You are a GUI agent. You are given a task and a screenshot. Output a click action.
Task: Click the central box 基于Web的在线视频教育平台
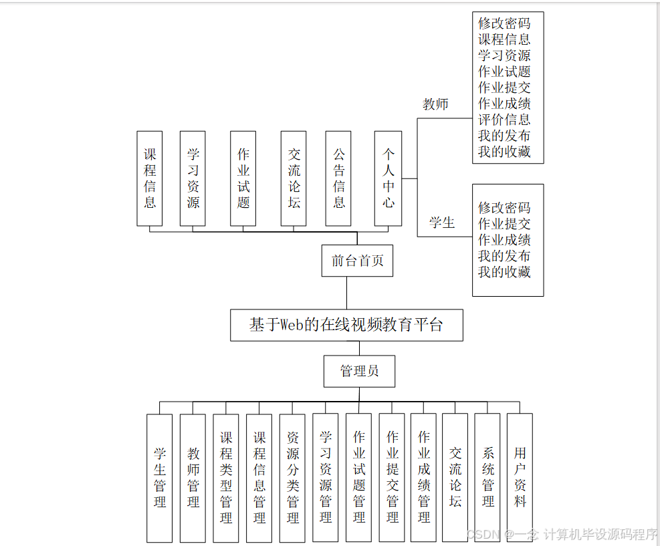[x=346, y=325]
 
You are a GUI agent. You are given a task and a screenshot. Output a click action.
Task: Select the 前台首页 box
[x=357, y=261]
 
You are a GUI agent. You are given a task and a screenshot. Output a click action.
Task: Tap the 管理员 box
[x=359, y=371]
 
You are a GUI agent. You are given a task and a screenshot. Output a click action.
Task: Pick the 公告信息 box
[x=339, y=178]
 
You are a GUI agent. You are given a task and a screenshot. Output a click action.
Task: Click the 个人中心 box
[x=389, y=178]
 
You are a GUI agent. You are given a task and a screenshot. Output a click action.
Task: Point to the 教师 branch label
[x=435, y=104]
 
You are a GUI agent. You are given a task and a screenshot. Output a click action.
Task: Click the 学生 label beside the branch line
[x=441, y=223]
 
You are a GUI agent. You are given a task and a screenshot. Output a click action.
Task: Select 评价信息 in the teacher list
[x=504, y=120]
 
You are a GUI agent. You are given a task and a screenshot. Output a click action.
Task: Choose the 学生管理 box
[x=160, y=477]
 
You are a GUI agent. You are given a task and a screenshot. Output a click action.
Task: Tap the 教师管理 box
[x=193, y=477]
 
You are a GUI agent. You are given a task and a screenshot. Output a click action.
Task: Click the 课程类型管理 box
[x=226, y=477]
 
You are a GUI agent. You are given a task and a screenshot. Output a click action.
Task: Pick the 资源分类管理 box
[x=293, y=477]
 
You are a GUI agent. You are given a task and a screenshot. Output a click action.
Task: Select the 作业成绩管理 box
[x=424, y=477]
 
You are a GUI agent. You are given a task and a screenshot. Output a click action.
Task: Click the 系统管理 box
[x=488, y=477]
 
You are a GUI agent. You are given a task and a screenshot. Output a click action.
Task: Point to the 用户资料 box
[x=520, y=477]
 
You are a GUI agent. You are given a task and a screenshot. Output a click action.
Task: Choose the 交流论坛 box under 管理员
[x=455, y=477]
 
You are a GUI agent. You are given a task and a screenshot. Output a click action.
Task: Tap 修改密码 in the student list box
[x=504, y=208]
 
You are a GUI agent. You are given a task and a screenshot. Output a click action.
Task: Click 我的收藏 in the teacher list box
[x=504, y=152]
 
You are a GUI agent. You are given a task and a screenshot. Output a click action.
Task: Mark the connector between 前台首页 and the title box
[x=346, y=293]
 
